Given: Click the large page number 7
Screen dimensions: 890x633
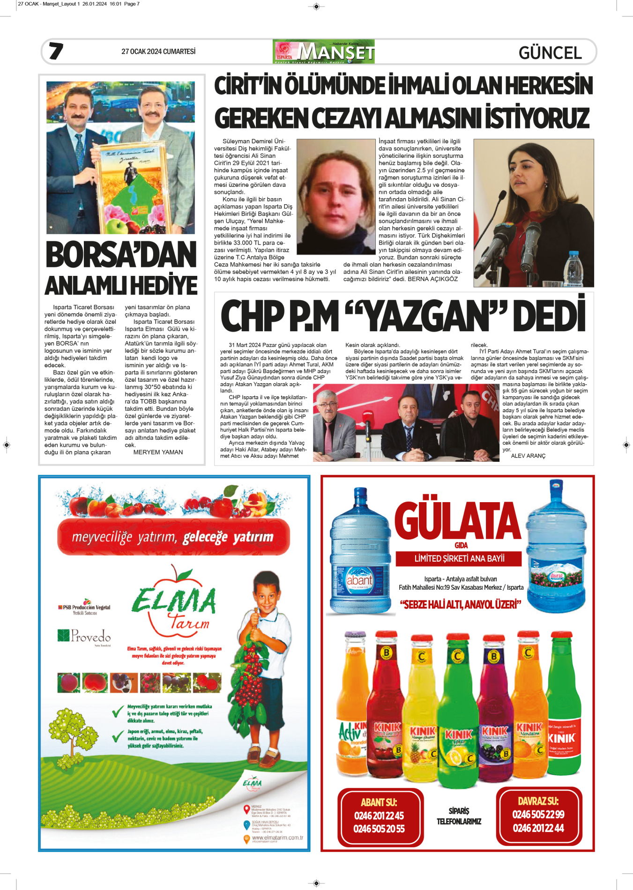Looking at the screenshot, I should click(56, 51).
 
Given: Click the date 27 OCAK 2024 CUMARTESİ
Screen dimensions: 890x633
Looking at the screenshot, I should click(158, 52).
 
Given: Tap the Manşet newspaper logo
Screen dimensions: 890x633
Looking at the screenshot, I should click(324, 52).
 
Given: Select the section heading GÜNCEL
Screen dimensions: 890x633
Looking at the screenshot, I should click(550, 53).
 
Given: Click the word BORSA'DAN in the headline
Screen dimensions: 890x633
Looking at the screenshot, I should click(121, 255).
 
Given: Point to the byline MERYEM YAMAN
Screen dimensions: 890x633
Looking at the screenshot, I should click(158, 452).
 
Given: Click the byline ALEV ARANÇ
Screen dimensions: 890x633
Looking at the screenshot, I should click(528, 456).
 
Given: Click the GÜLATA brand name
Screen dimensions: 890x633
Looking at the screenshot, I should click(457, 521).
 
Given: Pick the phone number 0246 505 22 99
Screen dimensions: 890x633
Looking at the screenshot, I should click(538, 815).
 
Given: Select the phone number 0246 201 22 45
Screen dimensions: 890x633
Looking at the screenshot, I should click(379, 816).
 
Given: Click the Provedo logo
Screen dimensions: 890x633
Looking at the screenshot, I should click(85, 636).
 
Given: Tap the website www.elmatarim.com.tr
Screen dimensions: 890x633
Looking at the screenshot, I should click(277, 838).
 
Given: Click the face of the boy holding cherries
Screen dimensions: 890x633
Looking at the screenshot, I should click(266, 596).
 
